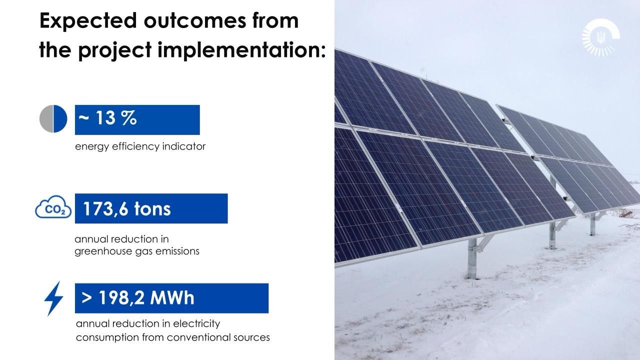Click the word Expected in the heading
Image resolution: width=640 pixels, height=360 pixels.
(x=88, y=21)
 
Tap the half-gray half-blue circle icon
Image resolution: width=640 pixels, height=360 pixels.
(x=53, y=119)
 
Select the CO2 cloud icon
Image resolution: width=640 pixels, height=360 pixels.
(x=53, y=207)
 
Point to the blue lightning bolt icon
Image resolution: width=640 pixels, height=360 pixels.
(x=53, y=298)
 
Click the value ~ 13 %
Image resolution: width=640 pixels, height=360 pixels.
(x=107, y=118)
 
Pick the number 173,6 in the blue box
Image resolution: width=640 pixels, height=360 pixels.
(x=105, y=209)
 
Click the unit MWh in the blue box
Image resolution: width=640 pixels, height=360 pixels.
(x=172, y=297)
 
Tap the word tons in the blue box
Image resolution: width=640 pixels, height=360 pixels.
(x=152, y=209)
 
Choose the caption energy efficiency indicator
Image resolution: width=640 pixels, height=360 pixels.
(x=140, y=146)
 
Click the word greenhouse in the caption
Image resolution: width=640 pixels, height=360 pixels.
(x=103, y=251)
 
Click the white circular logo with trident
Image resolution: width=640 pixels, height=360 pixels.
(x=601, y=37)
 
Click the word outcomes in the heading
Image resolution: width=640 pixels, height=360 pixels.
(x=195, y=20)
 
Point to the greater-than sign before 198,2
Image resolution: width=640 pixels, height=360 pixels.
(x=86, y=297)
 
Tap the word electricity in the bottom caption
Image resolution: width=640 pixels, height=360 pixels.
(x=196, y=324)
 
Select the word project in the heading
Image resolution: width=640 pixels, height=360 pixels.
(x=114, y=50)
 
